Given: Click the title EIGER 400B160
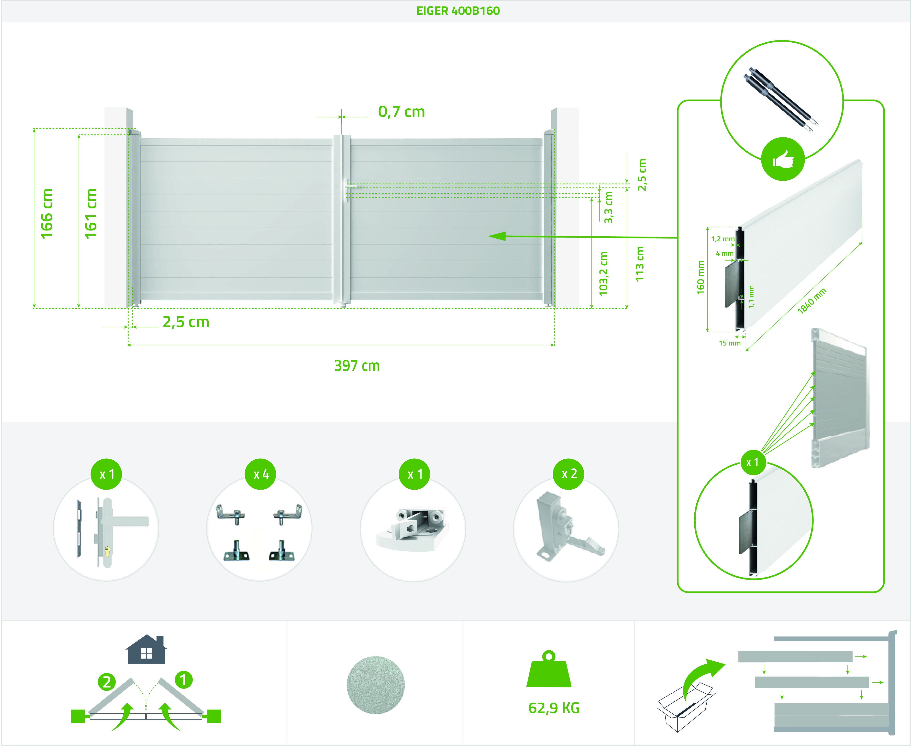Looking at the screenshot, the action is (x=458, y=11).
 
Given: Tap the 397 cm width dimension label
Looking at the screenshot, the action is (x=357, y=366).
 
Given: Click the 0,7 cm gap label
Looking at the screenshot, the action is (x=401, y=112).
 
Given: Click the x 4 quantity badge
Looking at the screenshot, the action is (x=261, y=474).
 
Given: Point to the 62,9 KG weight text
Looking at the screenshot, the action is (x=554, y=708).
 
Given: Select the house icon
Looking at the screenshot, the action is (x=146, y=649).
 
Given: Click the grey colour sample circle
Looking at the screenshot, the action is (x=375, y=685).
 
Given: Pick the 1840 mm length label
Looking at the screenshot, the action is (x=812, y=301).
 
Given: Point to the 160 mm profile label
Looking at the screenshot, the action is (x=701, y=278).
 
